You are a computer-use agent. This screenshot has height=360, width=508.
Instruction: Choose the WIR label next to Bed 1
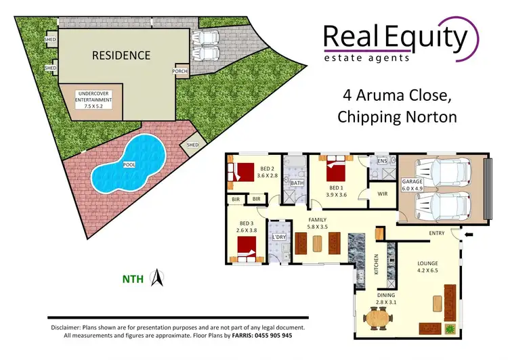pos(364,194)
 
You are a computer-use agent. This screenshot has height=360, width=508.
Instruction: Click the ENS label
pos(381,161)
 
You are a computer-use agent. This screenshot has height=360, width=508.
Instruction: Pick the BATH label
pos(297,183)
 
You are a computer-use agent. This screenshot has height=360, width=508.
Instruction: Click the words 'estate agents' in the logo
pos(367,58)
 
